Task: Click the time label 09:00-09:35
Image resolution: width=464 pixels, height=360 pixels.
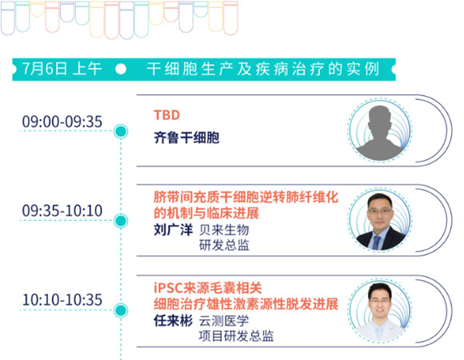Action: click(x=62, y=122)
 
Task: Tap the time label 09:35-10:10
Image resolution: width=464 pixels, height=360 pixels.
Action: click(x=62, y=210)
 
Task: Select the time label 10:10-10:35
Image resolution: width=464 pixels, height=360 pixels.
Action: click(x=62, y=300)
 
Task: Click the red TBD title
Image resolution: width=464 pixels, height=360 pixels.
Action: click(x=166, y=115)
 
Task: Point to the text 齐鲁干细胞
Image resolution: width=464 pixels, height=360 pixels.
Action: click(x=186, y=138)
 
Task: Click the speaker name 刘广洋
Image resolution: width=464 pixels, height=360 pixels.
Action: click(x=173, y=230)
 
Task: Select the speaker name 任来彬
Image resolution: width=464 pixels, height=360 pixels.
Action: click(x=173, y=321)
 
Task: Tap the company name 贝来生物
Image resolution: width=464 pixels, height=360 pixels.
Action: click(x=224, y=230)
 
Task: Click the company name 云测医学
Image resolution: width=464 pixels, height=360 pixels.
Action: click(x=224, y=321)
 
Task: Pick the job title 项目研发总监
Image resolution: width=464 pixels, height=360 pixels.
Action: click(x=236, y=336)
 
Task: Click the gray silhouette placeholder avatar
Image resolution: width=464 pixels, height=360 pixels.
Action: click(x=380, y=133)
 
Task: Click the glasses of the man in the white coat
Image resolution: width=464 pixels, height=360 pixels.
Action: click(x=380, y=302)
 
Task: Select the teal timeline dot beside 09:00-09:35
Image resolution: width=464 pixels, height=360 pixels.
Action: click(x=121, y=131)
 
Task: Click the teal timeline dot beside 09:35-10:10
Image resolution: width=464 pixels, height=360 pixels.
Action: click(x=121, y=221)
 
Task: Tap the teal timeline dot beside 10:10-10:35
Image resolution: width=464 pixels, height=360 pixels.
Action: click(x=121, y=310)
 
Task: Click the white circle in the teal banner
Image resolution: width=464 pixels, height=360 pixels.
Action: click(x=121, y=69)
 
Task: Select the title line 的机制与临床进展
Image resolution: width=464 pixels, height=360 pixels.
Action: click(x=206, y=213)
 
